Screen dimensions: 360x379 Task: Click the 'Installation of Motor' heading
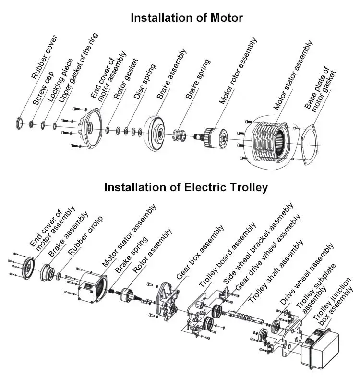187,18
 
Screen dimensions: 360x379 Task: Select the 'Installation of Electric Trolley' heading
186,187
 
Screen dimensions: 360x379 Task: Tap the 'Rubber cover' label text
45,57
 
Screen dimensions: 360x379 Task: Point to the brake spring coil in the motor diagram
179,135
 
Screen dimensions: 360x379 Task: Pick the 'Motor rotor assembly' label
238,71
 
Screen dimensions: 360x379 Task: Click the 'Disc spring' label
145,82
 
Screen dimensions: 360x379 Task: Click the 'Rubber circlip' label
85,236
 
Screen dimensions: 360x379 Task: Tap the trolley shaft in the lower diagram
245,317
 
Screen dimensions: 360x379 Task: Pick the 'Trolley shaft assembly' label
276,271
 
